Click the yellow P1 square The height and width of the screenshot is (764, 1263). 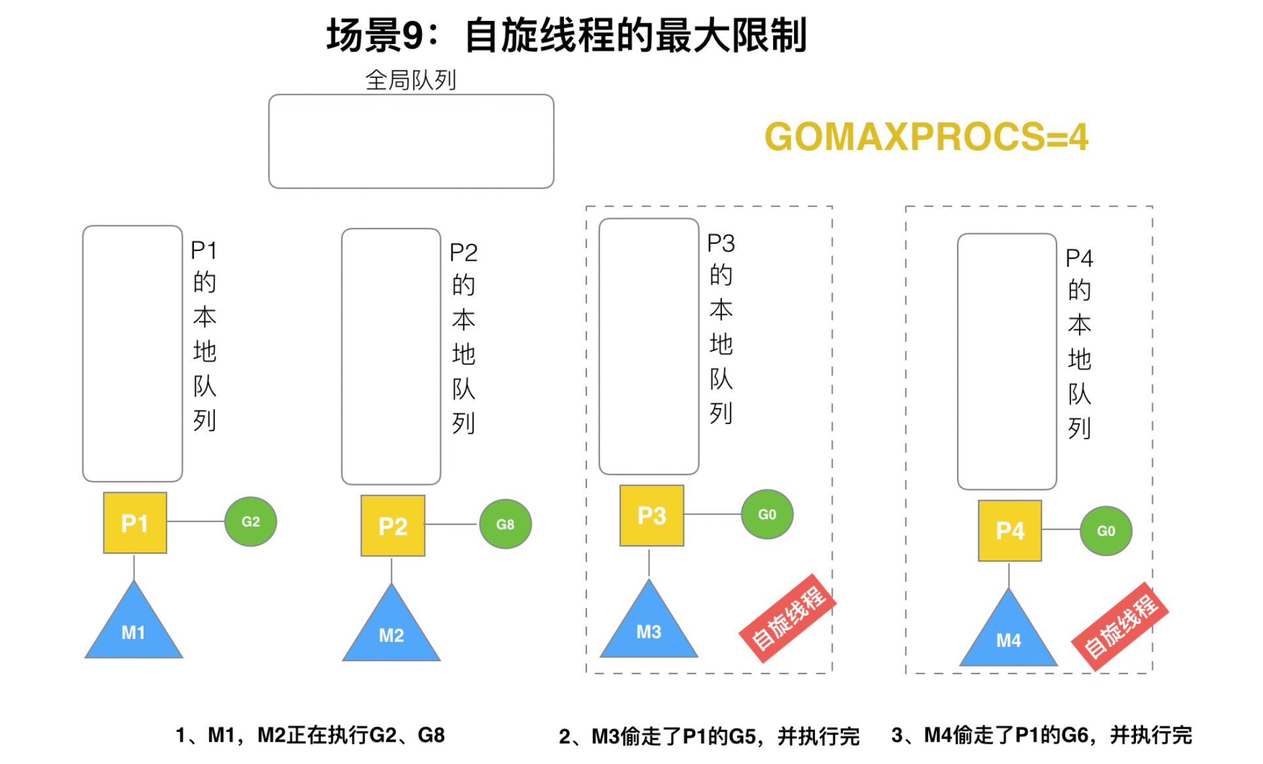click(x=135, y=523)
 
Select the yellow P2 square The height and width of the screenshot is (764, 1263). click(x=392, y=525)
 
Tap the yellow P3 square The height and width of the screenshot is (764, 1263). click(x=651, y=516)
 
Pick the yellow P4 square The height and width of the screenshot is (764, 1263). click(x=1009, y=530)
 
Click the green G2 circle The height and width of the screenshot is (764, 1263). click(x=250, y=522)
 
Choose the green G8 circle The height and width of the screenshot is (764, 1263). click(x=505, y=524)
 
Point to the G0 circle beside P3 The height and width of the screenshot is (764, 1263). click(x=766, y=514)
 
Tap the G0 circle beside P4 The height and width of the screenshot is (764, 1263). click(x=1106, y=531)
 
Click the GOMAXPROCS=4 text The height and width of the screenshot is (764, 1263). click(x=926, y=137)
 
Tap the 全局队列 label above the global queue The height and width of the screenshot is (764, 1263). click(x=411, y=81)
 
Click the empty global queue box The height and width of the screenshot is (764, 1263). click(x=411, y=142)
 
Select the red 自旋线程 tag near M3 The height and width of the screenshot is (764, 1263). click(x=787, y=618)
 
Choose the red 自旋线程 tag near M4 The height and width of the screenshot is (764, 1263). click(x=1120, y=626)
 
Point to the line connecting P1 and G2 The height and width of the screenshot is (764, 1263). click(x=195, y=522)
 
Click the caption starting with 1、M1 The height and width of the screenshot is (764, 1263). click(x=310, y=735)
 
